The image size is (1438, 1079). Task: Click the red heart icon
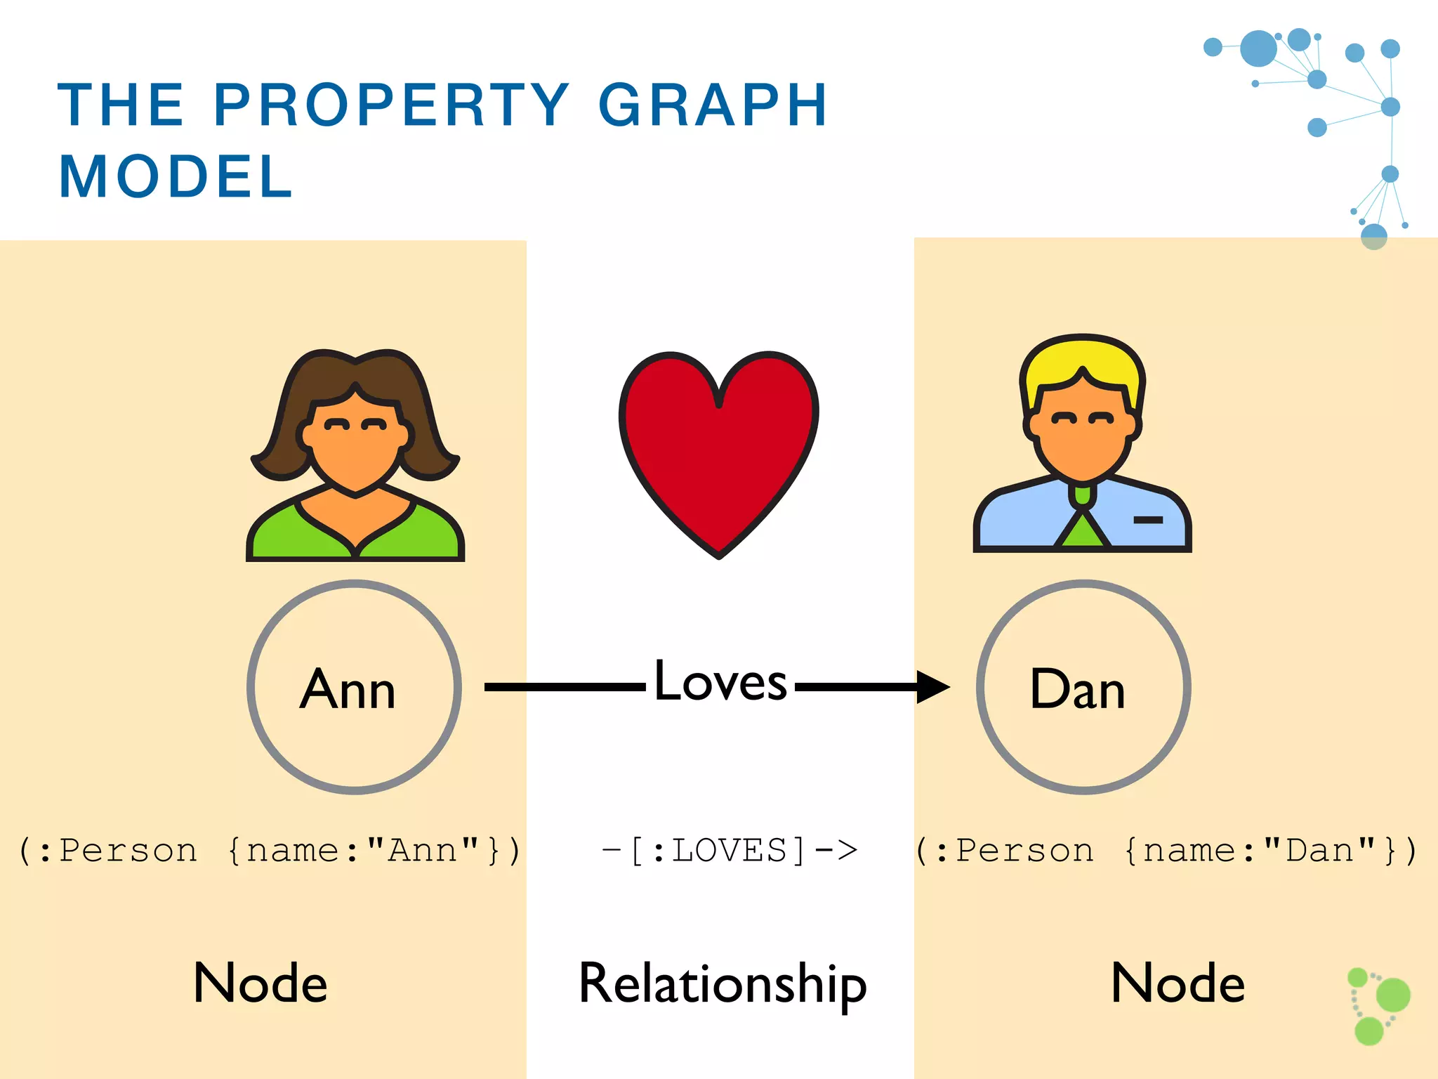[718, 450]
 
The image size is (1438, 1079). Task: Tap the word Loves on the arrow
[720, 681]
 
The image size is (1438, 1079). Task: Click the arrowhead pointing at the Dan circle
[932, 686]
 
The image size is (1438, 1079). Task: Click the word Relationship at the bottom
[723, 983]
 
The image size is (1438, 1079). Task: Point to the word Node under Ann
[260, 983]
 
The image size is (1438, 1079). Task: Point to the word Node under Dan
[1178, 983]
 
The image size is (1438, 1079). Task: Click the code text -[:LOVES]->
[730, 851]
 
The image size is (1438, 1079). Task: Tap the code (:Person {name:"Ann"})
[270, 851]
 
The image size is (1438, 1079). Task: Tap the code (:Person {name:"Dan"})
[1167, 851]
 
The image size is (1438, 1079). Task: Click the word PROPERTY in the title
[392, 105]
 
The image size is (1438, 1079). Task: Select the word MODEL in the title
[176, 177]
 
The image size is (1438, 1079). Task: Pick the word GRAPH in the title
[713, 105]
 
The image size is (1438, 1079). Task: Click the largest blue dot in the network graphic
[1258, 48]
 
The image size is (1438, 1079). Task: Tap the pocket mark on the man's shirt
[1148, 520]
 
